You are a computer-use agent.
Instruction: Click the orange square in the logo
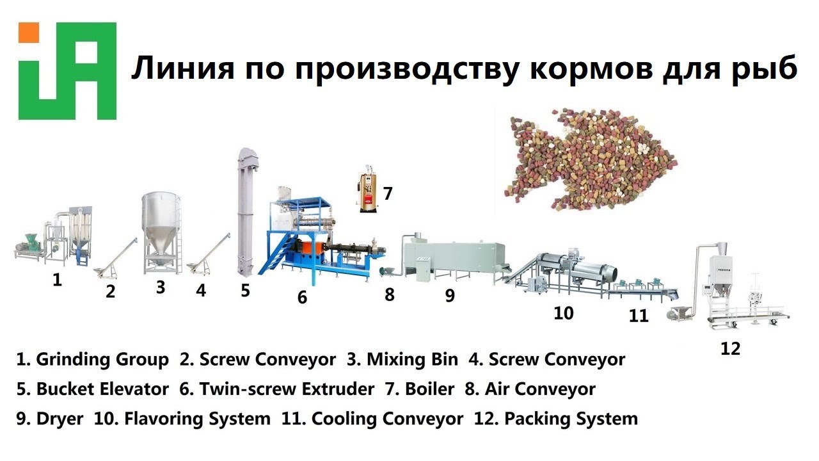point(29,33)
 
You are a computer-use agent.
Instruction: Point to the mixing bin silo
point(160,230)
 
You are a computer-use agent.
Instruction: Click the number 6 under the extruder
point(302,297)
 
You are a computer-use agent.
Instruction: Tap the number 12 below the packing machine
point(730,349)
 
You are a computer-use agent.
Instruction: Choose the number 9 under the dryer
point(450,295)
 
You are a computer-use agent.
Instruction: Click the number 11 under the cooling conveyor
point(639,315)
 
